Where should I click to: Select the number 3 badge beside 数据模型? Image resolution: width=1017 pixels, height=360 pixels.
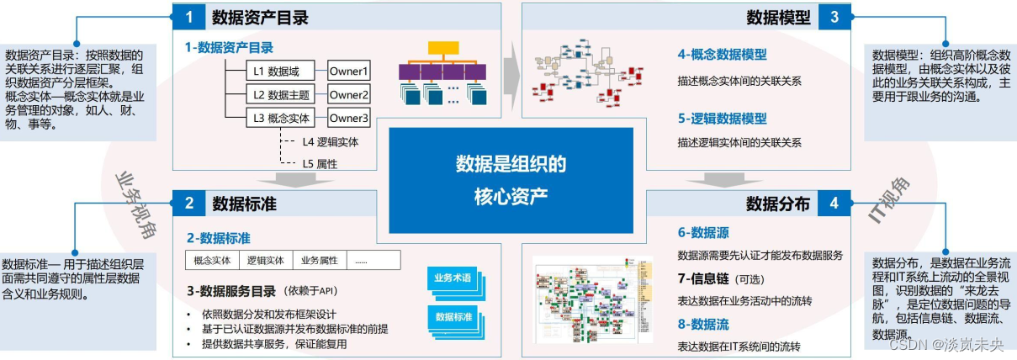834,16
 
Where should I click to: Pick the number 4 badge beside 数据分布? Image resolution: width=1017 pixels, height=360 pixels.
834,204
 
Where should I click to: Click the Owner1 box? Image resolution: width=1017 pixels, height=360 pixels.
349,71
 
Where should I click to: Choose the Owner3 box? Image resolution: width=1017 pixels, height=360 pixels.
349,117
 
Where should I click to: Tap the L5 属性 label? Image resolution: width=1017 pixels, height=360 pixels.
320,163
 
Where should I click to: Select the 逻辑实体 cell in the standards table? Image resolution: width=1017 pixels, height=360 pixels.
266,260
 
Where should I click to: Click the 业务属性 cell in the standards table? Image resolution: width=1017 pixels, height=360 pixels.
319,260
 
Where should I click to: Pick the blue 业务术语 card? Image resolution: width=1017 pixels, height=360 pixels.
453,278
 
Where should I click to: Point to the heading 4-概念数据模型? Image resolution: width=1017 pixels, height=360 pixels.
722,55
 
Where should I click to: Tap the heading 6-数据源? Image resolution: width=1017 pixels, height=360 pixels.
703,231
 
